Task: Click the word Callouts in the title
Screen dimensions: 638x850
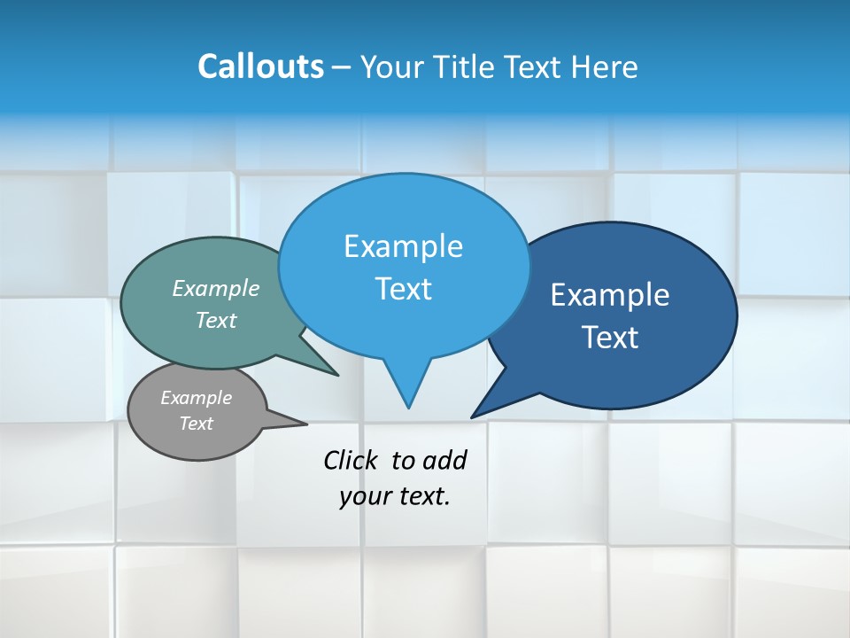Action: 260,66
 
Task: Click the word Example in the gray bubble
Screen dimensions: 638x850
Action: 196,398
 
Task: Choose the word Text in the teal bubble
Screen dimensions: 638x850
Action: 216,320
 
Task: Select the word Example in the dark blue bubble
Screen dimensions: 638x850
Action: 610,295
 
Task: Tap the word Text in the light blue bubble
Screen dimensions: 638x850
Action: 404,289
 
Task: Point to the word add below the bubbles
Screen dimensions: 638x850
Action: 444,460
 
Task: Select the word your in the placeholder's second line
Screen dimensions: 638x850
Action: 363,496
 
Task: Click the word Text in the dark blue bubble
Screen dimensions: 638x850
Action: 611,338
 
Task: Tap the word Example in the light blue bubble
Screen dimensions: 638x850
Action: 403,246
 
